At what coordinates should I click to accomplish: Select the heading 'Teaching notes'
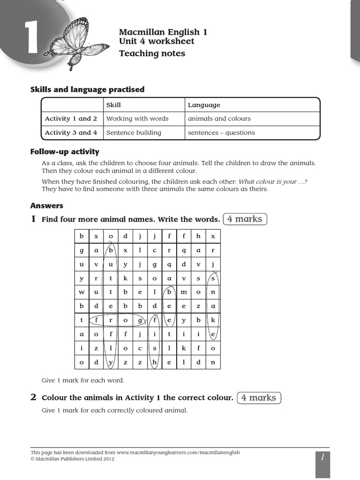[x=152, y=53]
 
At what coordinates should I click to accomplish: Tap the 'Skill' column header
[x=113, y=105]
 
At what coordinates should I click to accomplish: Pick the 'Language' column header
[x=204, y=105]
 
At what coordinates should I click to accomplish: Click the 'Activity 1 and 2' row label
[x=71, y=119]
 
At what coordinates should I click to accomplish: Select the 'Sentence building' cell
[x=134, y=133]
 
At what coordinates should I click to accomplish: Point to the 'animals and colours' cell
[x=219, y=119]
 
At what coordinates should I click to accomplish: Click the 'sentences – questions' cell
[x=221, y=133]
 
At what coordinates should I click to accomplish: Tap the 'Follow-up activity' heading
[x=65, y=151]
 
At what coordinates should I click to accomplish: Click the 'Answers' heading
[x=47, y=205]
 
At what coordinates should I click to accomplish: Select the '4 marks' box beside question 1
[x=245, y=219]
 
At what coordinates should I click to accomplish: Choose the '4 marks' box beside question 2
[x=259, y=397]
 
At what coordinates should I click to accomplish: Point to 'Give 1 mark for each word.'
[x=83, y=380]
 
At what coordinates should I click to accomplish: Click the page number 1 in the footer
[x=322, y=457]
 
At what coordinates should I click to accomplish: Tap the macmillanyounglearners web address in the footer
[x=178, y=452]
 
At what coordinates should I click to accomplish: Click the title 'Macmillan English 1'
[x=163, y=32]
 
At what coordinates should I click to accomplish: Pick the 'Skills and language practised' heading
[x=87, y=89]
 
